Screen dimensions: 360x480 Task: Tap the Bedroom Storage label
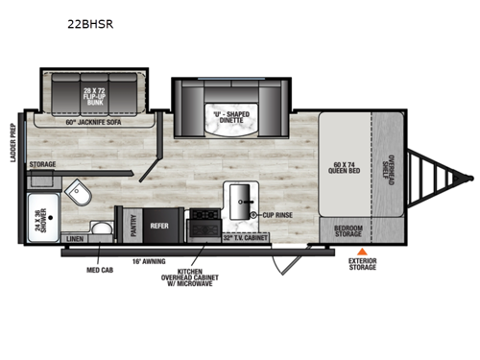click(348, 231)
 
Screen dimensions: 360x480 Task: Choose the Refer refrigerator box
click(158, 228)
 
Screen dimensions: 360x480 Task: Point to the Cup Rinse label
click(279, 216)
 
